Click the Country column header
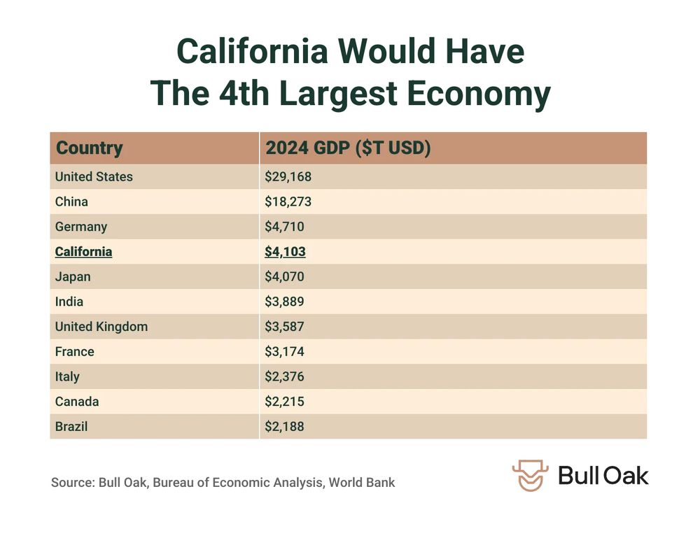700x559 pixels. (x=89, y=148)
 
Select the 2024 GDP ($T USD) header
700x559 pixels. (x=347, y=148)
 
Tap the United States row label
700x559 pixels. (x=94, y=177)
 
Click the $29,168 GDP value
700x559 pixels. (x=288, y=177)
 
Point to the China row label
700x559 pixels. (x=71, y=202)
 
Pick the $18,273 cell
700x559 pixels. (x=288, y=202)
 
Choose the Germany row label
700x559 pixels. (x=81, y=227)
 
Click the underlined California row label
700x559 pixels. (x=83, y=252)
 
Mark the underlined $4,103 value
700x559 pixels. (x=285, y=252)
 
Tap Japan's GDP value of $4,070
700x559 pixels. (x=285, y=277)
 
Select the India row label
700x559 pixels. (x=69, y=302)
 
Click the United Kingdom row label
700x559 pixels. (x=101, y=327)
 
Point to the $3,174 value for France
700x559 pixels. (x=284, y=352)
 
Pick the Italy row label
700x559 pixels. (x=67, y=376)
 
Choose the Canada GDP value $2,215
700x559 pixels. (x=284, y=402)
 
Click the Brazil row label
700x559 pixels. (x=71, y=426)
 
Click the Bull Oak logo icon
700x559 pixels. (x=531, y=476)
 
